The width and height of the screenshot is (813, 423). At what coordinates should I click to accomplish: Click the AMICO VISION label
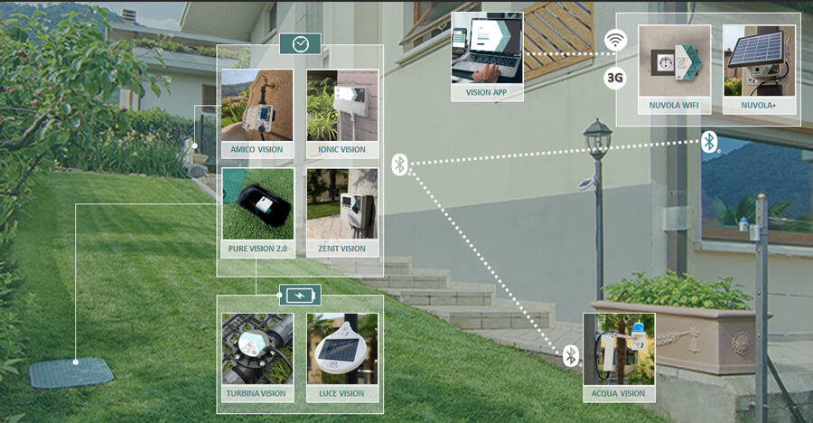click(x=257, y=150)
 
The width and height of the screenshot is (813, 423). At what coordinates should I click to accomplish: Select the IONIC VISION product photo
click(x=341, y=105)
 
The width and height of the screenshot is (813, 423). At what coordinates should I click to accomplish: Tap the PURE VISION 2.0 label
click(x=257, y=249)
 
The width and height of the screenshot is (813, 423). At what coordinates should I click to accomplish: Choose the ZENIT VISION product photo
click(x=341, y=203)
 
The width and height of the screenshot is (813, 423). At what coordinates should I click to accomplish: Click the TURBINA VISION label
click(x=257, y=393)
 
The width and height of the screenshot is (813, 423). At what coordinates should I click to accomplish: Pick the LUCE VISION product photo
click(x=341, y=349)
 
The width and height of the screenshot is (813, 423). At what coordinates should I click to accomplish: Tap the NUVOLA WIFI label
click(x=674, y=106)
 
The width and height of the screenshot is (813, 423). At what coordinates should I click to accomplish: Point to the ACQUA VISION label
click(x=619, y=393)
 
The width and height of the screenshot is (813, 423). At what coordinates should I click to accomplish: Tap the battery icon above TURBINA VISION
click(x=298, y=296)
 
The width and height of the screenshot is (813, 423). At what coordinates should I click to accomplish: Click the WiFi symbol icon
click(x=615, y=41)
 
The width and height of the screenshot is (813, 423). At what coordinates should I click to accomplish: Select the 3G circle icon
click(x=615, y=78)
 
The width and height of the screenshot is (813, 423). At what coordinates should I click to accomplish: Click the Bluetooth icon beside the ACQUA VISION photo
click(x=571, y=355)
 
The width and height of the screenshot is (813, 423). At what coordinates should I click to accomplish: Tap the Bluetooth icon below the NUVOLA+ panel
click(x=710, y=142)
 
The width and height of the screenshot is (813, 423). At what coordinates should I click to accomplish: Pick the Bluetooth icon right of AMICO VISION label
click(x=400, y=164)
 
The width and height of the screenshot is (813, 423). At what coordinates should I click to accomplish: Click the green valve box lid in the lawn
click(x=71, y=372)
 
